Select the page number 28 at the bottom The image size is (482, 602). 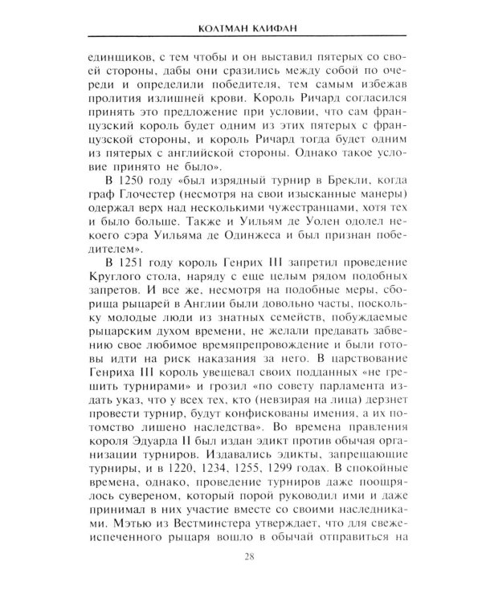[241, 576]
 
